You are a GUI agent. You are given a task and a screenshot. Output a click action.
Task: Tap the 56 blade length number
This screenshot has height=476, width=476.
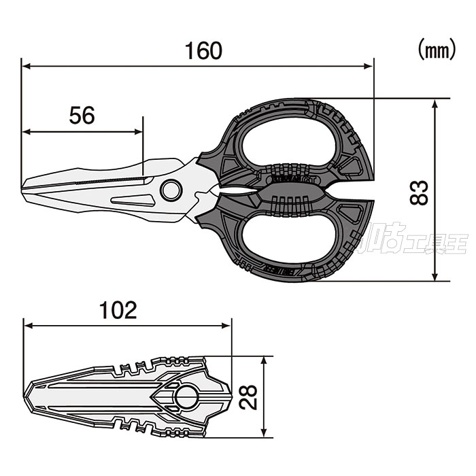pyautogui.click(x=82, y=116)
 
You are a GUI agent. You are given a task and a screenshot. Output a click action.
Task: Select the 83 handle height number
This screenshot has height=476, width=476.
pyautogui.click(x=420, y=192)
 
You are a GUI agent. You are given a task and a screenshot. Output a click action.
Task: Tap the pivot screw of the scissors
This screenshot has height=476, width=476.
pyautogui.click(x=170, y=190)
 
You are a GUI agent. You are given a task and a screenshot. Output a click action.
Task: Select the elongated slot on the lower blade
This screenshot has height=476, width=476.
pyautogui.click(x=133, y=200)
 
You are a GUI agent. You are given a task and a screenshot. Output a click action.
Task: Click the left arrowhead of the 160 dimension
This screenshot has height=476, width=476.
pyautogui.click(x=24, y=66)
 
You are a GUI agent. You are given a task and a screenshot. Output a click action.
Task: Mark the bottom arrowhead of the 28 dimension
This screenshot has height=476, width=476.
pyautogui.click(x=265, y=432)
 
